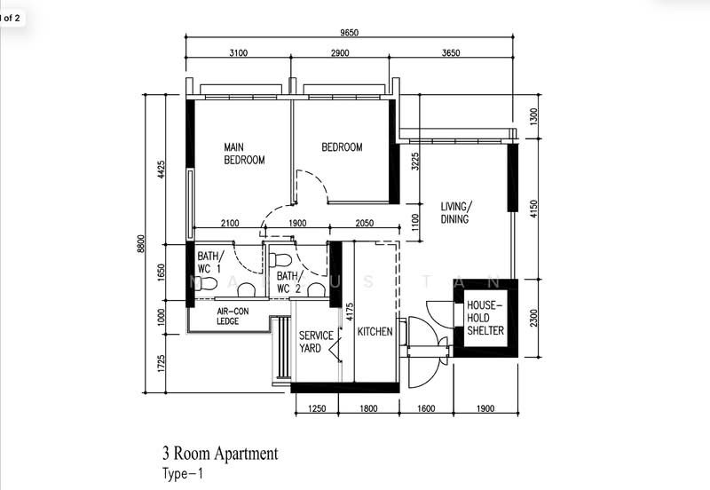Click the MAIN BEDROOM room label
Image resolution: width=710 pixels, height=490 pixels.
tap(244, 154)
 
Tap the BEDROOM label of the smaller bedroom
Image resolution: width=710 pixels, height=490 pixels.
tap(342, 147)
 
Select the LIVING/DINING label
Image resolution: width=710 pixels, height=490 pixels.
tap(455, 212)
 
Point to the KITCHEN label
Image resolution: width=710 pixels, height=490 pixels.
tap(375, 332)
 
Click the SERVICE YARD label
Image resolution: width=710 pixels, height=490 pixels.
tap(315, 342)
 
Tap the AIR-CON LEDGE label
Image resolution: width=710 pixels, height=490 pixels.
tap(233, 316)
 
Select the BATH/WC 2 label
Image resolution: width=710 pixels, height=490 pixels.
tap(288, 283)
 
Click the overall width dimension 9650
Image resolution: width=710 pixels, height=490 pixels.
tap(350, 33)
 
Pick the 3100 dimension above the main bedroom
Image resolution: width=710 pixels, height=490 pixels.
tap(238, 54)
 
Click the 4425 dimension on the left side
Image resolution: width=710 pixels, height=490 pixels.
tap(162, 170)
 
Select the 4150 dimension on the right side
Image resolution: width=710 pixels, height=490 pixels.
tap(533, 209)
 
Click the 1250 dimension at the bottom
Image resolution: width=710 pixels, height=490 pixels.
tap(317, 409)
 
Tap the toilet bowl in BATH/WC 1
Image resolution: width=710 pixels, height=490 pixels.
tap(206, 284)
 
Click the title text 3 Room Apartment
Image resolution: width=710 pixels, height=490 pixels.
tap(219, 454)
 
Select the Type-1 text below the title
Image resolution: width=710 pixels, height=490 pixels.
tap(183, 474)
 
